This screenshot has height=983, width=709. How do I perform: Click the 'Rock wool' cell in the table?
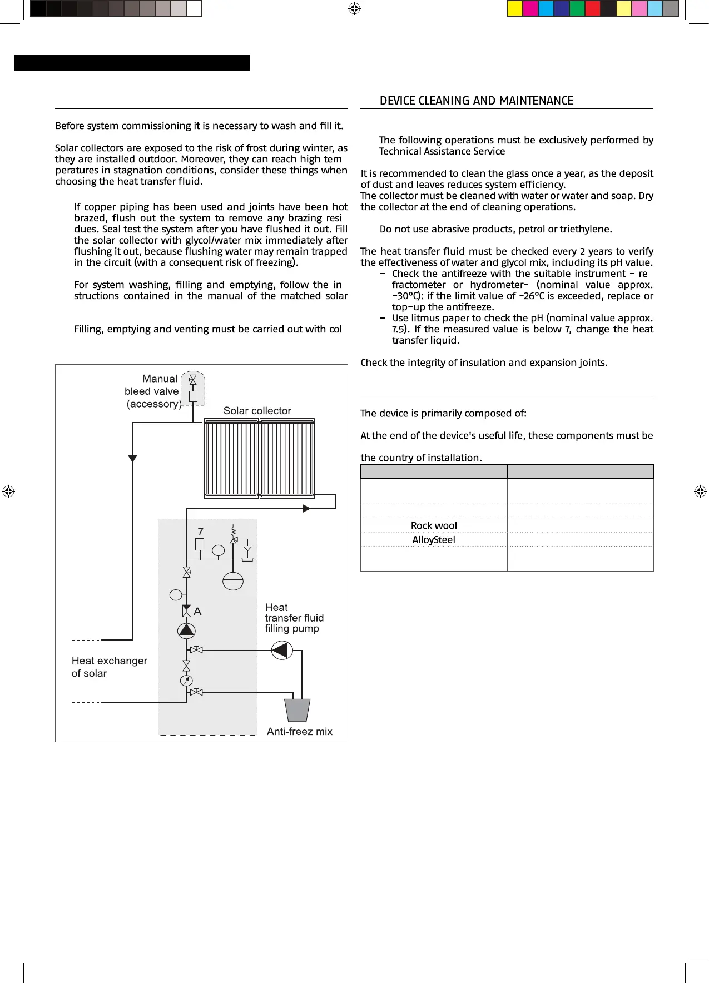pos(434,525)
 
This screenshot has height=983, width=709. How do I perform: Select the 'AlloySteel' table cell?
pos(434,540)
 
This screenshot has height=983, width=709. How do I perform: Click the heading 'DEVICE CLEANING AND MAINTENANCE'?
pos(476,101)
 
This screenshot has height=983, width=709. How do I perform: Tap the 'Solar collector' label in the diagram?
pos(257,411)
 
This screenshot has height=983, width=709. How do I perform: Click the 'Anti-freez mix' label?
pos(299,732)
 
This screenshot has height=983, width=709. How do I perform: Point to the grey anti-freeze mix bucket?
pos(297,710)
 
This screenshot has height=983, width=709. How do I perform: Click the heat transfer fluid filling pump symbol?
pos(282,650)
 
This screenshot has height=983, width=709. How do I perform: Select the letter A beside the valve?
pos(197,612)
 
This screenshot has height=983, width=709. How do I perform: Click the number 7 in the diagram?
pos(201,532)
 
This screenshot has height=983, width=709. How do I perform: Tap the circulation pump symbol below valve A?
pos(186,630)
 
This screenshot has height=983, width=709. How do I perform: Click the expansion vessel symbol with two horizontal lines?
pos(233,581)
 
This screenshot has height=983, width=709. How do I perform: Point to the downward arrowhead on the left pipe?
pos(132,459)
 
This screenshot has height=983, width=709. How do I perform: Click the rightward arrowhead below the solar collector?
pos(306,508)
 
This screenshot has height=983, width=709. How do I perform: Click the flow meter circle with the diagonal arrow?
pos(186,680)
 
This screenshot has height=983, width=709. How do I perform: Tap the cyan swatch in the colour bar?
pos(546,8)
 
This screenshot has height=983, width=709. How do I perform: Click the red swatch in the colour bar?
pos(593,8)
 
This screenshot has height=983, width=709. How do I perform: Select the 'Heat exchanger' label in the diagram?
pos(110,661)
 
